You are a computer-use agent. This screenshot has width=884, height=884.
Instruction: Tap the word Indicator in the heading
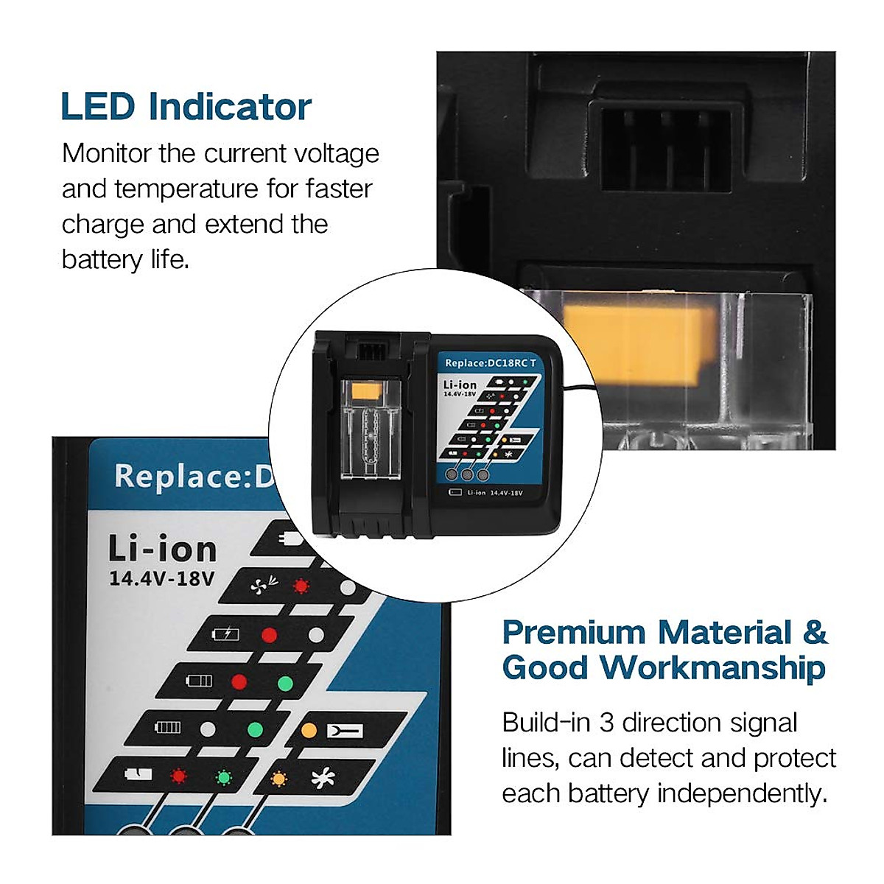coord(230,107)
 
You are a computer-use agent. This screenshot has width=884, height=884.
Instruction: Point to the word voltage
coord(337,154)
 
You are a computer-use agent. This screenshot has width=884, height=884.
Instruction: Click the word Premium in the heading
coord(573,633)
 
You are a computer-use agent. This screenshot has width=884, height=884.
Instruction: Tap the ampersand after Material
coord(814,633)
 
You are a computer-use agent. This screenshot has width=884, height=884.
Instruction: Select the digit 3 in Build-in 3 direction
coord(606,723)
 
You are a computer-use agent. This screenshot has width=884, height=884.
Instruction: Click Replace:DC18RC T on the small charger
coord(491,363)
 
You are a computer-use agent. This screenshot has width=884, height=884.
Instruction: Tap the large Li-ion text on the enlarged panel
coord(163,550)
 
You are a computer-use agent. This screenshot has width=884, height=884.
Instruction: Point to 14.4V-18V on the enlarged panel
coord(162,579)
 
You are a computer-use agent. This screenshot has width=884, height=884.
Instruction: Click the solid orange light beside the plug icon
coord(309,731)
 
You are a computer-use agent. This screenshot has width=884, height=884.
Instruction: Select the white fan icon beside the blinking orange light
coord(323,778)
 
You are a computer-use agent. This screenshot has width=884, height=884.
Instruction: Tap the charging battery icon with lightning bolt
coord(225,634)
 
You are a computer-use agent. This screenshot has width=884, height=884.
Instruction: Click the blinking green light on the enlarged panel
coord(222,777)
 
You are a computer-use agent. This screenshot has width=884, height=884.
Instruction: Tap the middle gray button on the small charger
coord(466,474)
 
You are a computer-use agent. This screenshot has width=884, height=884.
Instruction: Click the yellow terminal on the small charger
coord(366,392)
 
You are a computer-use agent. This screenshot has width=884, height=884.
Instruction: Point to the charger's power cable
coord(578,390)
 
